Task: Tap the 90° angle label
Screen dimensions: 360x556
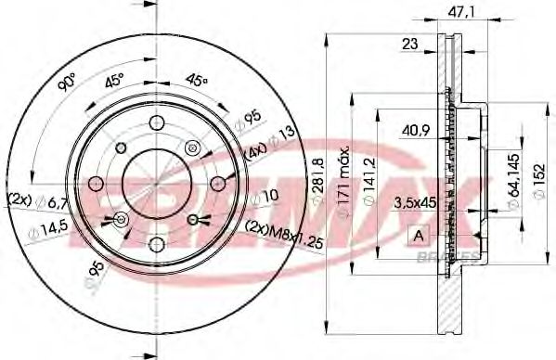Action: (x=66, y=84)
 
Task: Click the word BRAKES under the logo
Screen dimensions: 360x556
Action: (x=455, y=256)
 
